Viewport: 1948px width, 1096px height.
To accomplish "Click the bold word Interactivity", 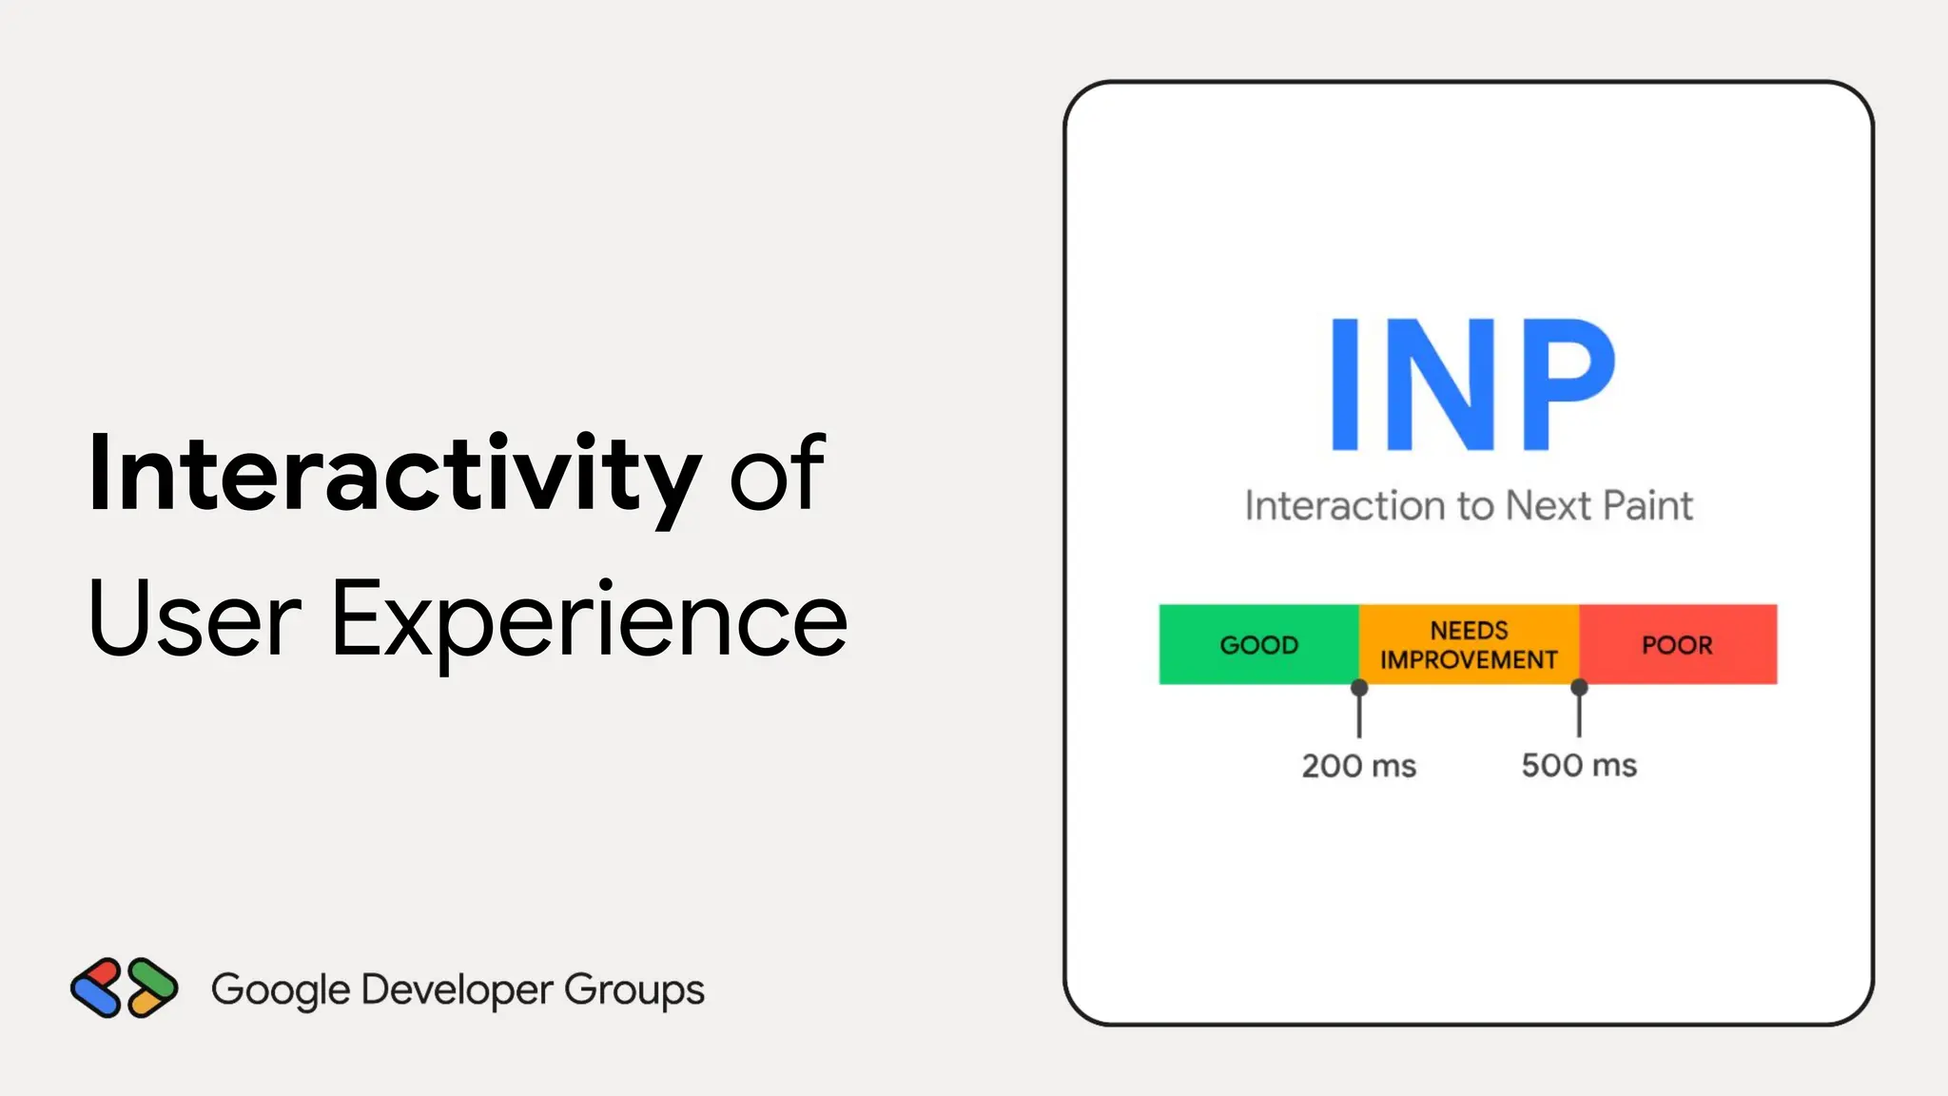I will click(394, 474).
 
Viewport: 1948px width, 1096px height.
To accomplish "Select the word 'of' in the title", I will click(776, 474).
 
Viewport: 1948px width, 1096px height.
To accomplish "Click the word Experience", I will click(589, 620).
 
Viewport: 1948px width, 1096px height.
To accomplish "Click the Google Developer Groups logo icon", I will click(124, 988).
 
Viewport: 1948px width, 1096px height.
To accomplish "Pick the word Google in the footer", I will click(281, 990).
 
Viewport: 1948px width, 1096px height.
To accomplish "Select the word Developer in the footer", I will click(457, 990).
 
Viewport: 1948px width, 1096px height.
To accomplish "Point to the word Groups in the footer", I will click(634, 990).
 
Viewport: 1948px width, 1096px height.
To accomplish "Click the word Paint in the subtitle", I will click(1648, 506).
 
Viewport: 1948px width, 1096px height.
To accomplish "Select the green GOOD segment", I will click(1258, 644).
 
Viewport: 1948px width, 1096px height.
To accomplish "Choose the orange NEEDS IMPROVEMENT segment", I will click(1469, 644).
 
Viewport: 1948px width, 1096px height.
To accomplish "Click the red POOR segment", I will click(1678, 644).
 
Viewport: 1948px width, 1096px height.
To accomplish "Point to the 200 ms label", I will click(1358, 766).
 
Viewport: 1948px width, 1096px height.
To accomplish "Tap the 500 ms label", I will click(1579, 766).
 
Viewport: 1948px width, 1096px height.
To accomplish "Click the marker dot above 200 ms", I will click(1359, 687).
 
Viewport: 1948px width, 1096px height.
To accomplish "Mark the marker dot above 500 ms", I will click(1579, 686).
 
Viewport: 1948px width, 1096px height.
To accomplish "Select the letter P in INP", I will click(1566, 384).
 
